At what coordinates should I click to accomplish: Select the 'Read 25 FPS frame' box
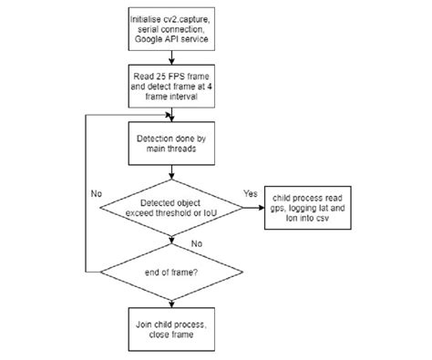click(172, 86)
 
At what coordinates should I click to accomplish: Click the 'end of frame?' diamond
click(172, 271)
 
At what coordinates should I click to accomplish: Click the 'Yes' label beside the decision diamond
click(252, 192)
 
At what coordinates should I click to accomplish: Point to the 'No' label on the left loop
click(96, 193)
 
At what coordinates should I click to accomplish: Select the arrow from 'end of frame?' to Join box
click(172, 299)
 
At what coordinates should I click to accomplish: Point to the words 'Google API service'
click(172, 39)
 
